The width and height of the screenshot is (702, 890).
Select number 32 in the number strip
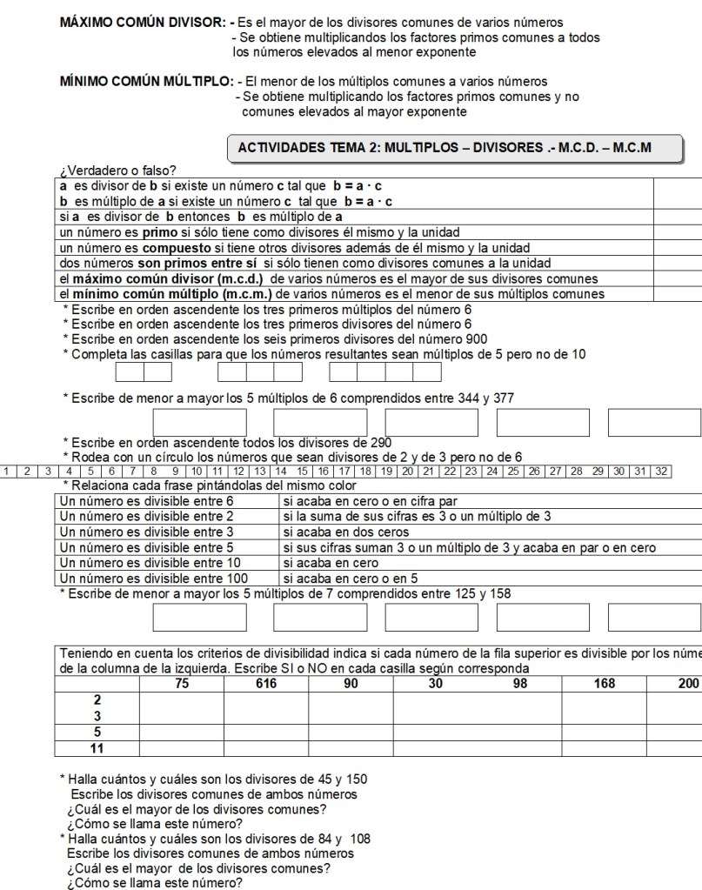664,471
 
